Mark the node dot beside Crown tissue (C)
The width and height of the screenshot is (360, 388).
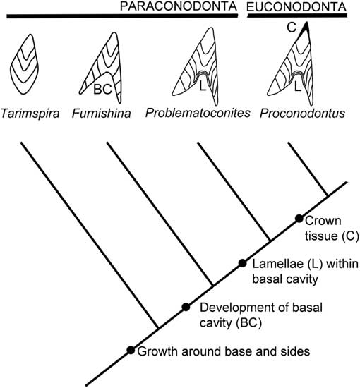pyautogui.click(x=299, y=219)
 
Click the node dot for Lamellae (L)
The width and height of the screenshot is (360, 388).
pyautogui.click(x=242, y=263)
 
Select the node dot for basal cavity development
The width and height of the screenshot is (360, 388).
pyautogui.click(x=186, y=307)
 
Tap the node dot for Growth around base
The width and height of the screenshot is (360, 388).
pyautogui.click(x=130, y=350)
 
